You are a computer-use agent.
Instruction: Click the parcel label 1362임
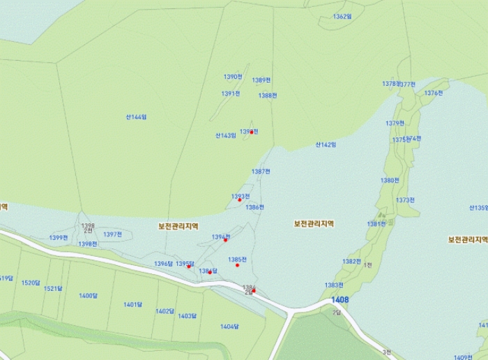point(342,16)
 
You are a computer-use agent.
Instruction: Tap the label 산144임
point(136,117)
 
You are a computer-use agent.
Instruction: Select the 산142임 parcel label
point(326,145)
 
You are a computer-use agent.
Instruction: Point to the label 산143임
point(225,135)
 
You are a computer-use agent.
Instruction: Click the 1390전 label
point(233,77)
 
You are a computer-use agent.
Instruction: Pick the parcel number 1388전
point(268,96)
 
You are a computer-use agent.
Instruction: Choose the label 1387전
point(261,172)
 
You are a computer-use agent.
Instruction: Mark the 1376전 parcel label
point(434,93)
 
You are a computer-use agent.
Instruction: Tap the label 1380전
point(390,180)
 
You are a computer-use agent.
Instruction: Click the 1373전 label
point(405,200)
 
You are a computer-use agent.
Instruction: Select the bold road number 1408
point(340,300)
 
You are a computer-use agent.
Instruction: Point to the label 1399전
point(59,238)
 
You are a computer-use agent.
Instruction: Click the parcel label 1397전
point(113,234)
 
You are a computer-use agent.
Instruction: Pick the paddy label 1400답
point(88,296)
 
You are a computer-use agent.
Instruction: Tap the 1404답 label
point(229,327)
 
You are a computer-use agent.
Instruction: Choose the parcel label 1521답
point(53,288)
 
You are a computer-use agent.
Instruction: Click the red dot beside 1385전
point(237,265)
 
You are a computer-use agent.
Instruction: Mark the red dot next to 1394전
point(225,240)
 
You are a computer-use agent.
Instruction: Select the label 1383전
point(334,285)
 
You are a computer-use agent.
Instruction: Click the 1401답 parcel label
point(133,305)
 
